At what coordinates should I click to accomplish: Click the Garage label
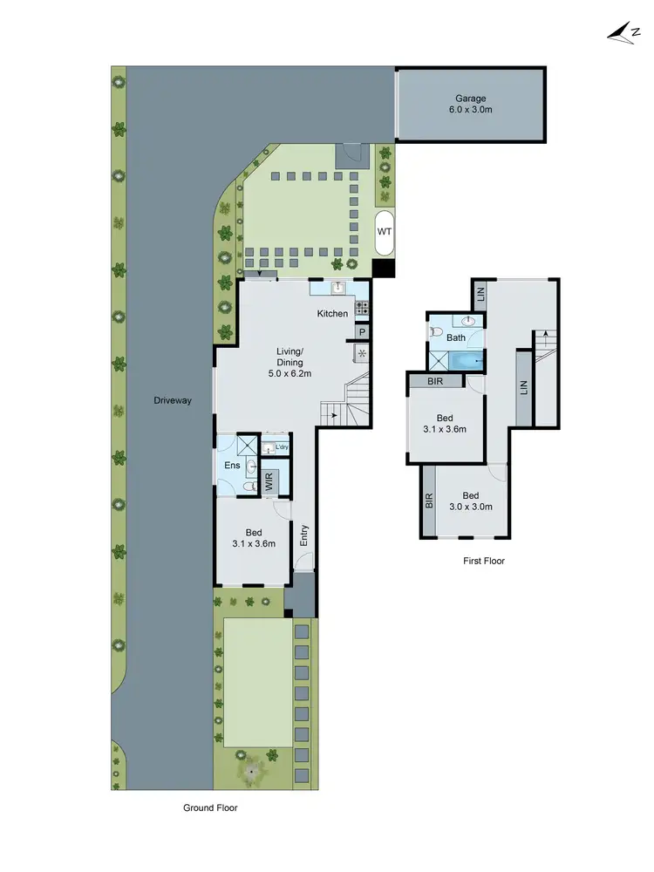point(470,99)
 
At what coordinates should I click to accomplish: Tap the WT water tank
point(384,232)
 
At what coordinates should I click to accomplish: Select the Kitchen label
point(332,314)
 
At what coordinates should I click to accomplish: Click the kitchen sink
point(338,289)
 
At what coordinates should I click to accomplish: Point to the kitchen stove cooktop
point(362,307)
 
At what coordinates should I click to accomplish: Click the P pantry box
point(362,332)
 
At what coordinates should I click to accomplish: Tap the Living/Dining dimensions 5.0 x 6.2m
point(290,373)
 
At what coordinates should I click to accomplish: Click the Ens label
point(232,466)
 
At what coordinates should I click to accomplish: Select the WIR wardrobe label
point(269,481)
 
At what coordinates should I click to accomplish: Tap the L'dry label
point(282,448)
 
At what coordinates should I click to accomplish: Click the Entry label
point(304,535)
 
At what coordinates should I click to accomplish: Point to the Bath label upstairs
point(456,337)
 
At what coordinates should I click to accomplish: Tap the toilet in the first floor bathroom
point(436,331)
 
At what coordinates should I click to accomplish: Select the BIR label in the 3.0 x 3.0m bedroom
point(428,501)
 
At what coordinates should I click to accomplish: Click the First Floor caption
point(483,561)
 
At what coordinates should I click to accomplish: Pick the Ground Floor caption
point(210,807)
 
